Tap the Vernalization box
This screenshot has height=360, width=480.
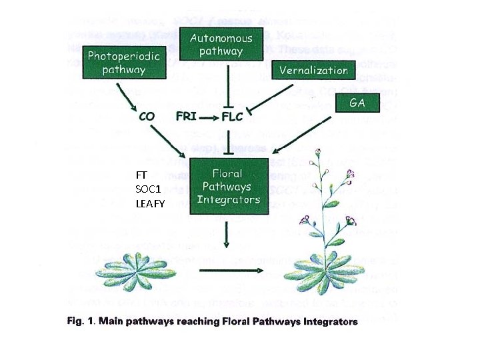313,69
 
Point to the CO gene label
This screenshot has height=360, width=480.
147,117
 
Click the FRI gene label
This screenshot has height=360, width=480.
186,117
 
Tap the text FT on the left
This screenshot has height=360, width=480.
141,175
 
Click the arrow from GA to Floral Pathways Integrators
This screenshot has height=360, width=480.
304,134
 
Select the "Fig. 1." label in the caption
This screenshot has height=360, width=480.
81,322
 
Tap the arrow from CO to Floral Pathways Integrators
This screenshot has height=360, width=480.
171,139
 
